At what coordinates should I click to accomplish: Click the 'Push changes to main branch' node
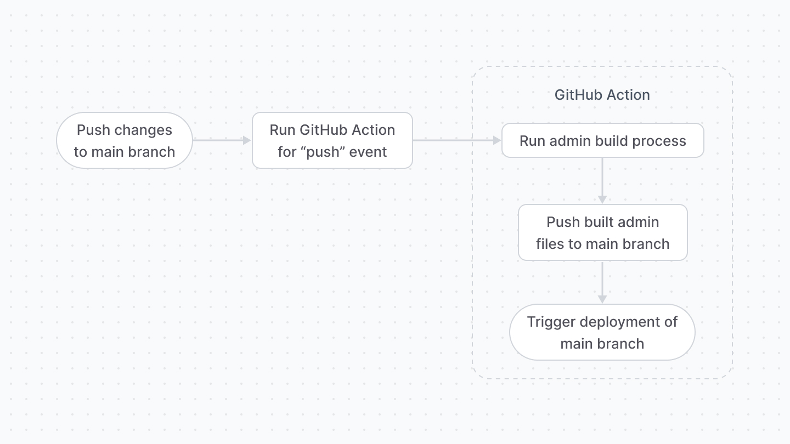pyautogui.click(x=125, y=140)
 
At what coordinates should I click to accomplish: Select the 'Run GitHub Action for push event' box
pyautogui.click(x=332, y=140)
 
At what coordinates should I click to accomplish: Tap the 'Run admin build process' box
pyautogui.click(x=602, y=140)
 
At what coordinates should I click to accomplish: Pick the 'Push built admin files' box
pyautogui.click(x=602, y=232)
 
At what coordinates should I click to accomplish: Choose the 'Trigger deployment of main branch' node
pyautogui.click(x=602, y=332)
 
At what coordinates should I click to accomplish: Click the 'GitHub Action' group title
pyautogui.click(x=602, y=95)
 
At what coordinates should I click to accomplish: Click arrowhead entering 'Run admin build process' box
pyautogui.click(x=497, y=140)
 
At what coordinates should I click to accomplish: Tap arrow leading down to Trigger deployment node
pyautogui.click(x=602, y=282)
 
